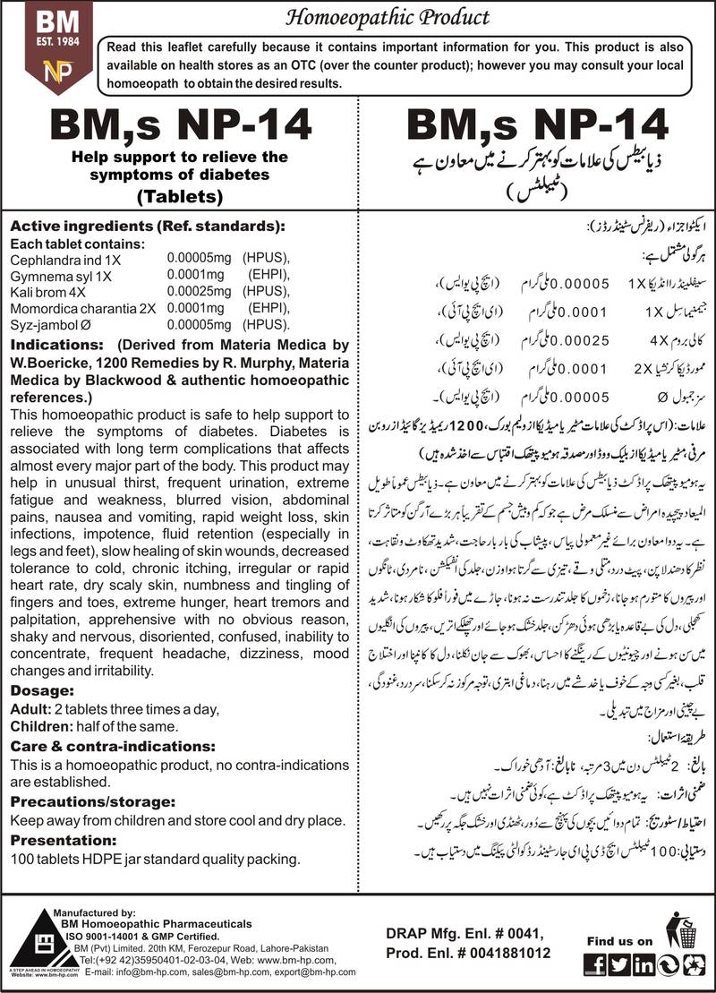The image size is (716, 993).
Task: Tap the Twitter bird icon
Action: (619, 963)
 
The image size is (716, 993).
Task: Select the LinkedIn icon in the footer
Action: (644, 963)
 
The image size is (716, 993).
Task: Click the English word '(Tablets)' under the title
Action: (181, 196)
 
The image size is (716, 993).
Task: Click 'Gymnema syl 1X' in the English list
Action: (55, 275)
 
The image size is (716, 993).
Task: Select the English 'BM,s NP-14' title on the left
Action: (181, 127)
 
